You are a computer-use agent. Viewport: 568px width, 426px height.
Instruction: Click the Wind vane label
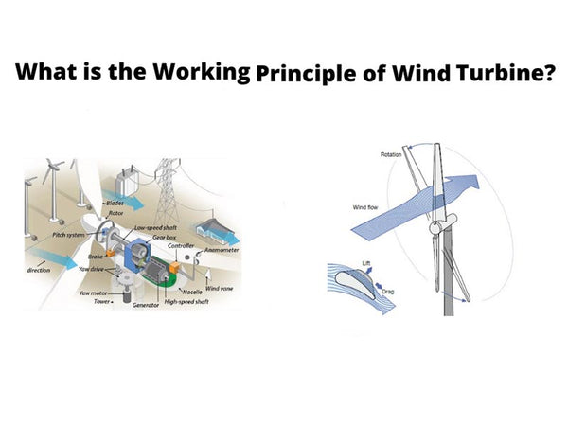click(x=220, y=288)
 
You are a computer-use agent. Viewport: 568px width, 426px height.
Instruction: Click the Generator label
click(x=146, y=306)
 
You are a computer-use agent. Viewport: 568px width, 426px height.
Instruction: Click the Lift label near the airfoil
click(x=366, y=260)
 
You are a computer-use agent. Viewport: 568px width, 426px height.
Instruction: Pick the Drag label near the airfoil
click(x=387, y=291)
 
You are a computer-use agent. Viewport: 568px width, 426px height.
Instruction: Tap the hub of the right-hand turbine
click(x=436, y=229)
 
